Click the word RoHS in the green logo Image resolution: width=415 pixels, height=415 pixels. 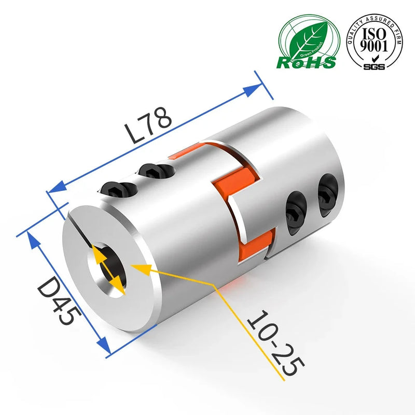point(306,62)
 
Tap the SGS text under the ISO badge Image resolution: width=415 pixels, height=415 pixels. point(374,66)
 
